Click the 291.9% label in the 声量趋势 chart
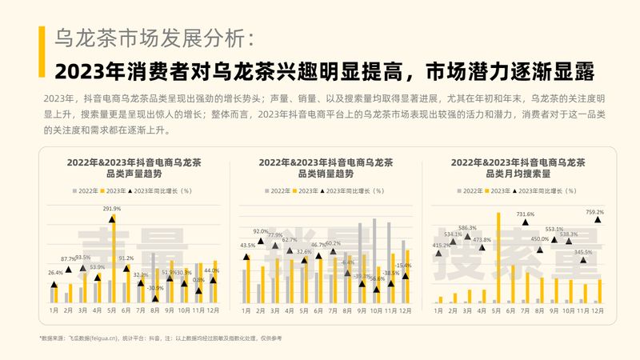[x=111, y=209]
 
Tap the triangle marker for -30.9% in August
[x=155, y=298]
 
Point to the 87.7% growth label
[x=68, y=259]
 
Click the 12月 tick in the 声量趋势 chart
[x=214, y=310]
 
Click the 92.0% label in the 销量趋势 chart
[x=261, y=231]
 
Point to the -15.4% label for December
[x=404, y=265]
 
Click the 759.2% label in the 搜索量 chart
[x=594, y=212]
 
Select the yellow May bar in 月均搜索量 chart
[x=498, y=258]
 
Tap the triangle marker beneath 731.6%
[x=526, y=223]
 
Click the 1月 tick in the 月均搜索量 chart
[x=439, y=310]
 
